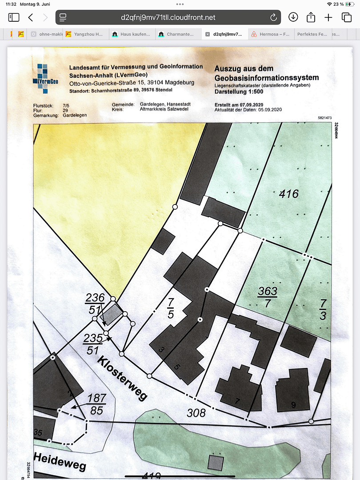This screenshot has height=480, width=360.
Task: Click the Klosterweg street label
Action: click(122, 378)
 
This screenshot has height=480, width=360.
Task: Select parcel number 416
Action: click(288, 194)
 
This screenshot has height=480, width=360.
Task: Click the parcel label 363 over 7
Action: click(268, 296)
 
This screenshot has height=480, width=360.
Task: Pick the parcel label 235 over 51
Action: click(93, 344)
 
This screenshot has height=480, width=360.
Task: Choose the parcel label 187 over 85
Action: click(97, 403)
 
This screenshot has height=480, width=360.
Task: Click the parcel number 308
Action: click(196, 413)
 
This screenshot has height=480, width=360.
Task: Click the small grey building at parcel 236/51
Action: click(113, 313)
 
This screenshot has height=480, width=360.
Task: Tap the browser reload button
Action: click(273, 17)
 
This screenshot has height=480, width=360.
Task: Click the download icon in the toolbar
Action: click(293, 17)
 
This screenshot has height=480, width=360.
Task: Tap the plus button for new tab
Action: click(328, 17)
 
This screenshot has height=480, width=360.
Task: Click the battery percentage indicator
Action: click(339, 4)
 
